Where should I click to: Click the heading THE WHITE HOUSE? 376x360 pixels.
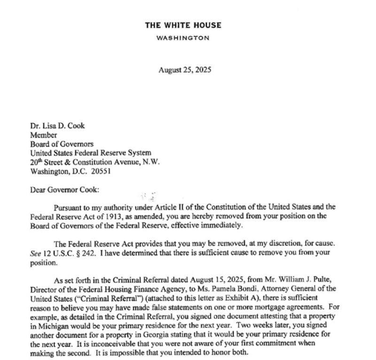tap(183, 25)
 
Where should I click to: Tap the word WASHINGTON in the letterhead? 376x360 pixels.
tap(183, 38)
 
